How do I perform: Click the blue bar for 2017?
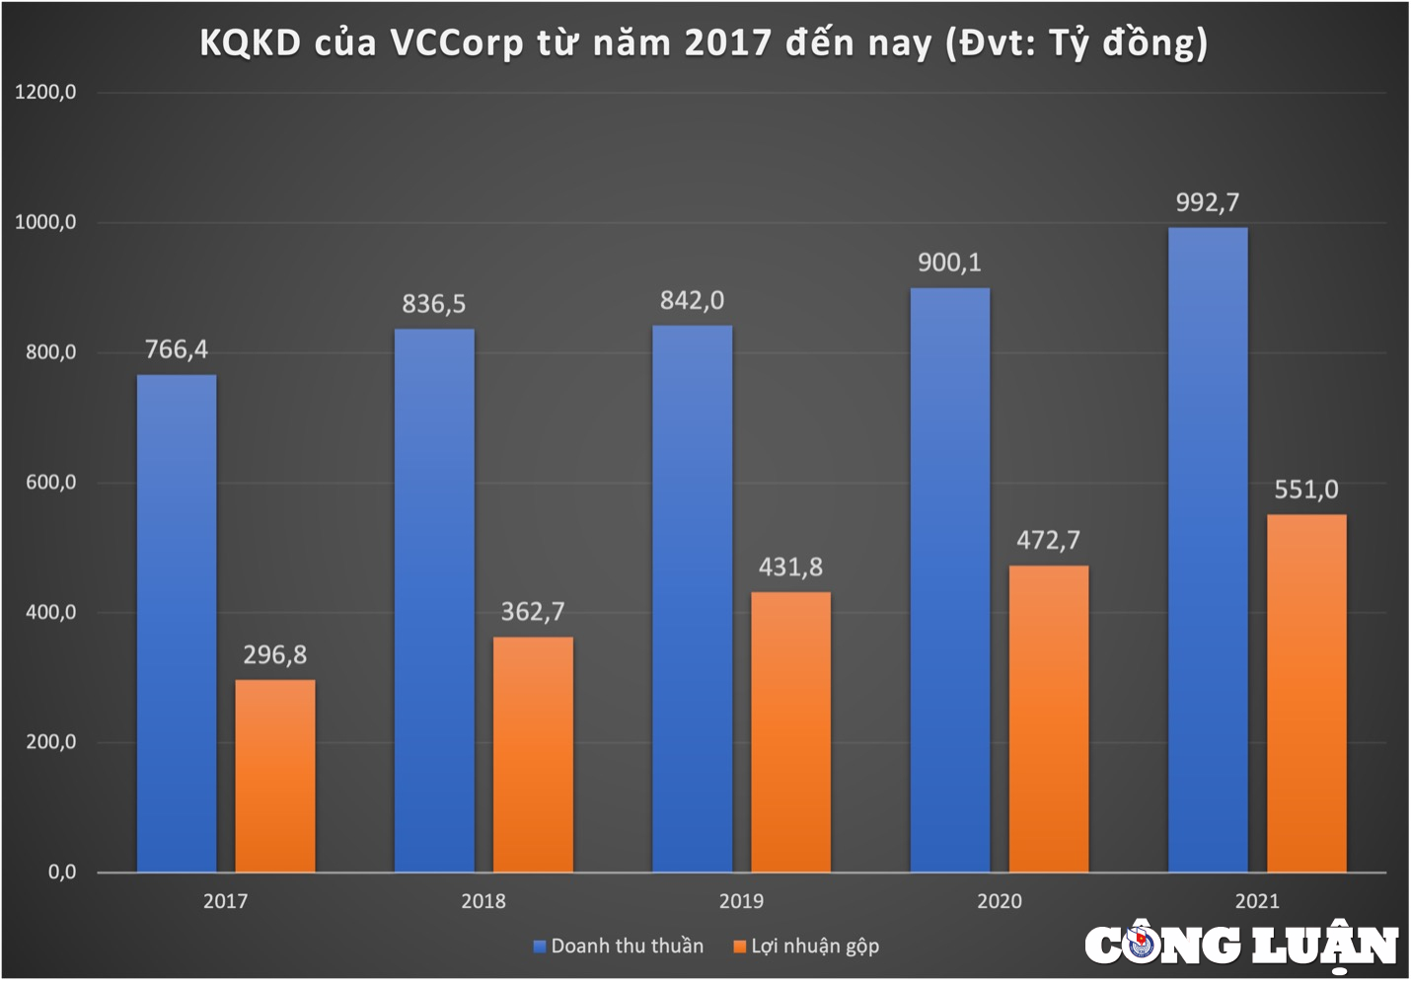tap(177, 623)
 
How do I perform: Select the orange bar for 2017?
tap(275, 776)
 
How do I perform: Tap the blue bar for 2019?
tap(692, 598)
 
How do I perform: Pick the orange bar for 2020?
tap(1049, 719)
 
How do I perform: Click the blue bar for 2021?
tap(1208, 550)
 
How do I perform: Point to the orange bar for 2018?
tap(533, 754)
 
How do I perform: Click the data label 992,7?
tap(1207, 203)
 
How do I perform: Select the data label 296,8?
tap(275, 655)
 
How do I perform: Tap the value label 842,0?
tap(692, 301)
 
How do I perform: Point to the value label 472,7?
tap(1048, 541)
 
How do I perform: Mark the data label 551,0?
tap(1305, 490)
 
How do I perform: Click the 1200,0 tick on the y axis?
tap(45, 93)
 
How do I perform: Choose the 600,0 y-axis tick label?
tap(50, 483)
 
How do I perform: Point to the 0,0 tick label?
tap(61, 872)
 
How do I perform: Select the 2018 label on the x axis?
tap(483, 901)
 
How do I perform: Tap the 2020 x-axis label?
tap(1000, 901)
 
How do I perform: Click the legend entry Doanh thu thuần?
tap(619, 947)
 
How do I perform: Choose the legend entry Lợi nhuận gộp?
tap(806, 947)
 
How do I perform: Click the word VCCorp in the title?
tap(456, 43)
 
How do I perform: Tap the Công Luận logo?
tap(1241, 946)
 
